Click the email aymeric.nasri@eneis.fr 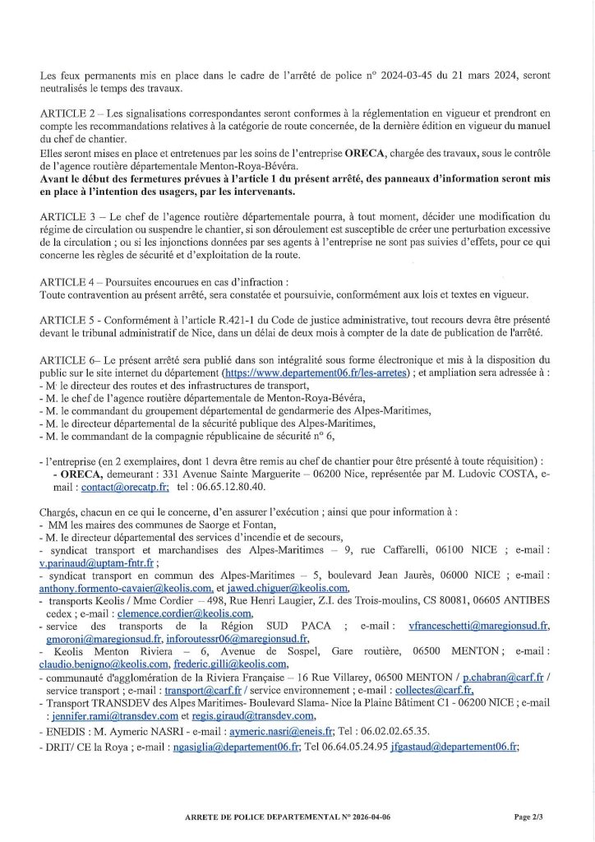pyautogui.click(x=269, y=731)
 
